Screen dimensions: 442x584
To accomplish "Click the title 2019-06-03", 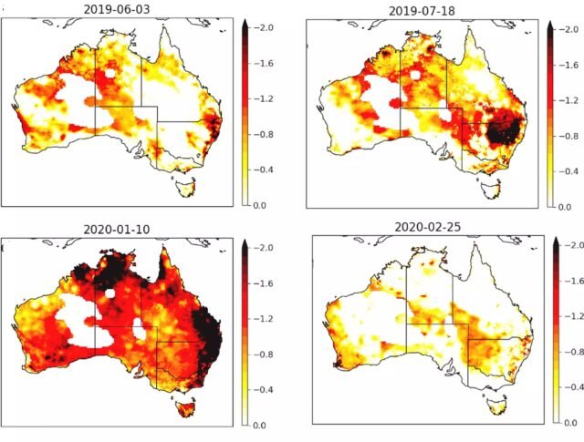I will (120, 10).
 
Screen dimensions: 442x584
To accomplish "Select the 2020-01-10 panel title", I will (119, 229).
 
